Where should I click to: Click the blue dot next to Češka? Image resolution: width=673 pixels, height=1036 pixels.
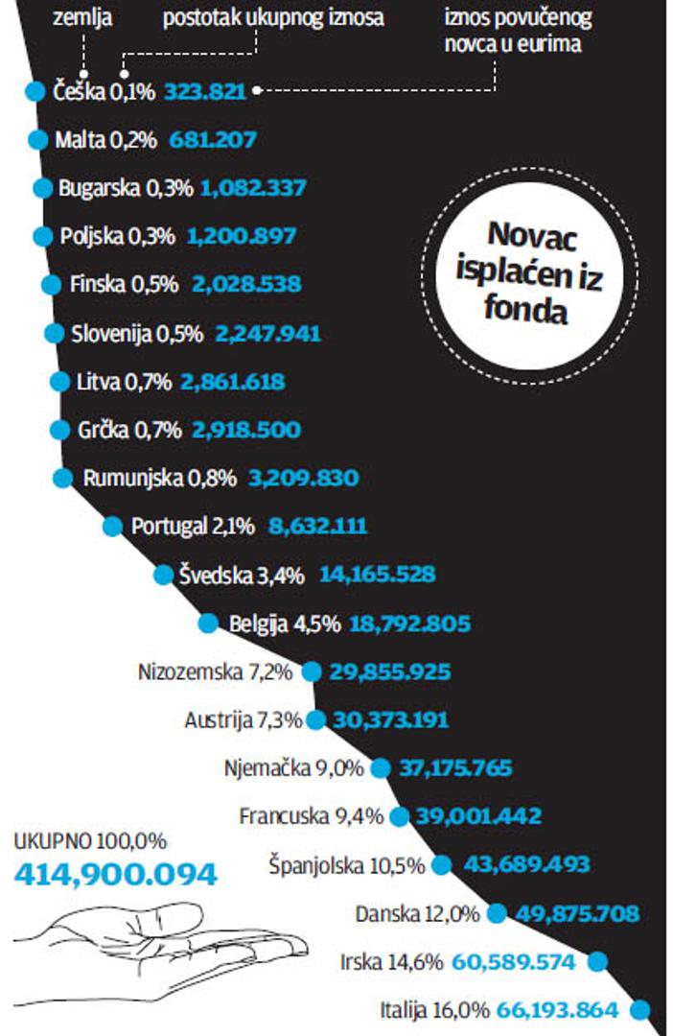click(x=35, y=91)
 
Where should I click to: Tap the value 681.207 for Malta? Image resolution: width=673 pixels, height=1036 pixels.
click(x=213, y=140)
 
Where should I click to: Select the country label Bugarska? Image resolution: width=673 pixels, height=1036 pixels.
click(x=99, y=188)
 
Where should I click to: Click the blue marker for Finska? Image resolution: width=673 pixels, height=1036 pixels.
click(x=50, y=284)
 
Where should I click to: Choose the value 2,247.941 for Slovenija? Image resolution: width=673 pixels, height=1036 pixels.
click(x=267, y=334)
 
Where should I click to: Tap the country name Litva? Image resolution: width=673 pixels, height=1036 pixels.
click(x=99, y=382)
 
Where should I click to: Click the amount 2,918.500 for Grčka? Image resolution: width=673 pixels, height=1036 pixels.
click(x=246, y=430)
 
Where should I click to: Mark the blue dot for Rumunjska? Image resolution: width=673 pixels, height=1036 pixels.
click(x=63, y=478)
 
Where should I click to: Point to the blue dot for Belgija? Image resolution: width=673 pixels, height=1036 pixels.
click(x=208, y=624)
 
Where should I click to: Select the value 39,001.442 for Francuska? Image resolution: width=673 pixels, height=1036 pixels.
click(x=478, y=816)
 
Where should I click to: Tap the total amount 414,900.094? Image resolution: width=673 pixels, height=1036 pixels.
click(x=115, y=874)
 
